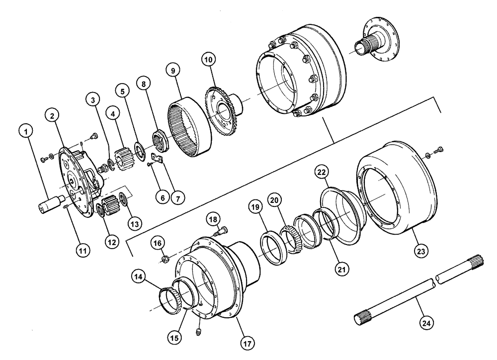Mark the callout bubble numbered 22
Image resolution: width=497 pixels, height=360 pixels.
(x=322, y=173)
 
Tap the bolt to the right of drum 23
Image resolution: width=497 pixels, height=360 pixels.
(x=440, y=149)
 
